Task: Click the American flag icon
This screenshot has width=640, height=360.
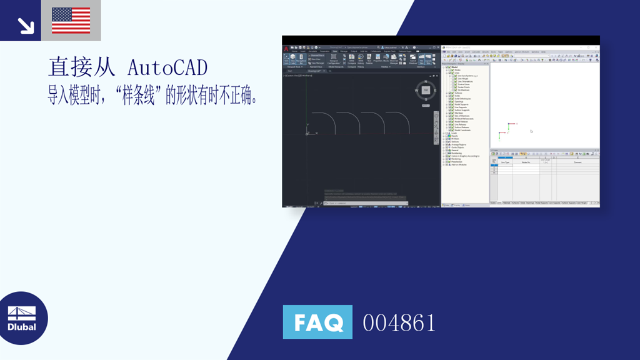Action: (71, 20)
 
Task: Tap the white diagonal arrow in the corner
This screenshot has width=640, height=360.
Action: (26, 26)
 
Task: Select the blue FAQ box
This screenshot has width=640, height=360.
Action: (317, 322)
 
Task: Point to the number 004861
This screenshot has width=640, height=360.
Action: (399, 323)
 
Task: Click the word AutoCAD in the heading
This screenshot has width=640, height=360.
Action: (167, 67)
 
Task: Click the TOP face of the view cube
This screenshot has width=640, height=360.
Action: (426, 91)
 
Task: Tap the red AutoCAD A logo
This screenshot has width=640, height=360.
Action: (286, 49)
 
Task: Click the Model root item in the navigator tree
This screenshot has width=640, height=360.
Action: (454, 67)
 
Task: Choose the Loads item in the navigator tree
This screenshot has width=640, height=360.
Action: (454, 133)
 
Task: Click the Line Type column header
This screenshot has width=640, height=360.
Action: (505, 162)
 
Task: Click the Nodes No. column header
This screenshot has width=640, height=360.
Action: (526, 162)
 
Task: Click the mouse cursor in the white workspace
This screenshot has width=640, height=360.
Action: (531, 131)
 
